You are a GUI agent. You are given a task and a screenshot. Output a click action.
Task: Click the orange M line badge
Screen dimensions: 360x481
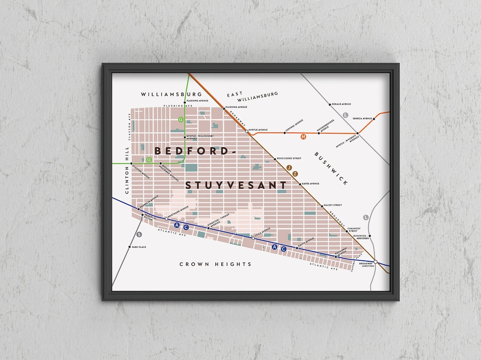click(304, 137)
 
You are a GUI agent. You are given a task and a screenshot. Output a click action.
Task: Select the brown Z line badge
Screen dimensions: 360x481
click(295, 174)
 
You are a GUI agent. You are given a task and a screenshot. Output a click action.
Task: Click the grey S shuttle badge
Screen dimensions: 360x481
click(139, 235)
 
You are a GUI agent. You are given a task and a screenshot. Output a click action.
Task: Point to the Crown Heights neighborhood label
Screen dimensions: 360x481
click(215, 264)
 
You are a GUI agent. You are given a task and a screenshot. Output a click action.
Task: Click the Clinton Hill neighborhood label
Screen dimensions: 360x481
click(127, 170)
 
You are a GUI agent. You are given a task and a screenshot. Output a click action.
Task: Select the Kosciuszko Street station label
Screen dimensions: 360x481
click(289, 158)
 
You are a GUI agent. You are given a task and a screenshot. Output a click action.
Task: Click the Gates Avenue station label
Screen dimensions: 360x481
click(310, 184)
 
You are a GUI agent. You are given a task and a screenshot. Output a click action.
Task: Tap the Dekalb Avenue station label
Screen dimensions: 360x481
click(341, 104)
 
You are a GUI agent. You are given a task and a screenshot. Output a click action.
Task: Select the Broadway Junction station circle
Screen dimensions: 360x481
click(375, 262)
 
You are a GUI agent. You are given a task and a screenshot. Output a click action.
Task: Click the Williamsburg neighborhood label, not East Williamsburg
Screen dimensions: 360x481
click(171, 94)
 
